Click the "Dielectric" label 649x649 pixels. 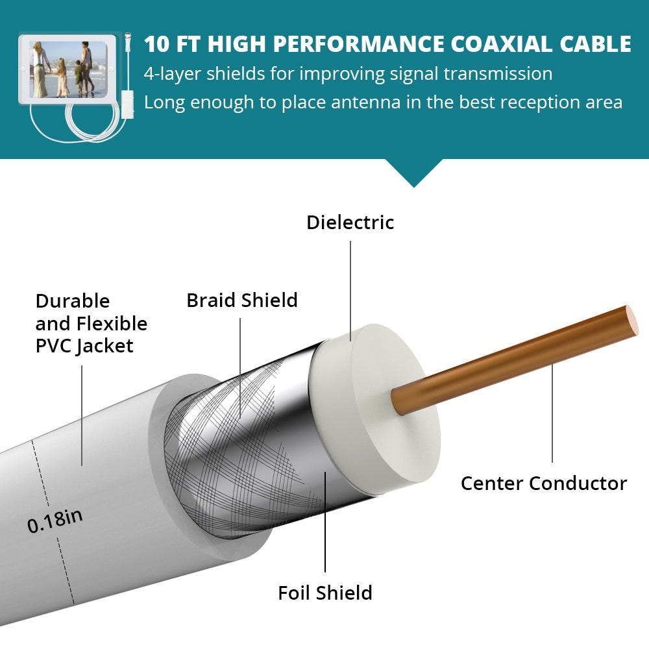[350, 223]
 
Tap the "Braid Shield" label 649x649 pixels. [241, 300]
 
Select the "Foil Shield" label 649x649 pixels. [325, 593]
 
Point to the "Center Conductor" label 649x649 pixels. [543, 484]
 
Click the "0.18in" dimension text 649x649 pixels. [55, 521]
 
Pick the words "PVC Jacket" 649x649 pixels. [84, 346]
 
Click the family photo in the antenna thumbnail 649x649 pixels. [67, 68]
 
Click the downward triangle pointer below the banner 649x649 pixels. [414, 173]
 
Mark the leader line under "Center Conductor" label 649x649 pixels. [552, 415]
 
